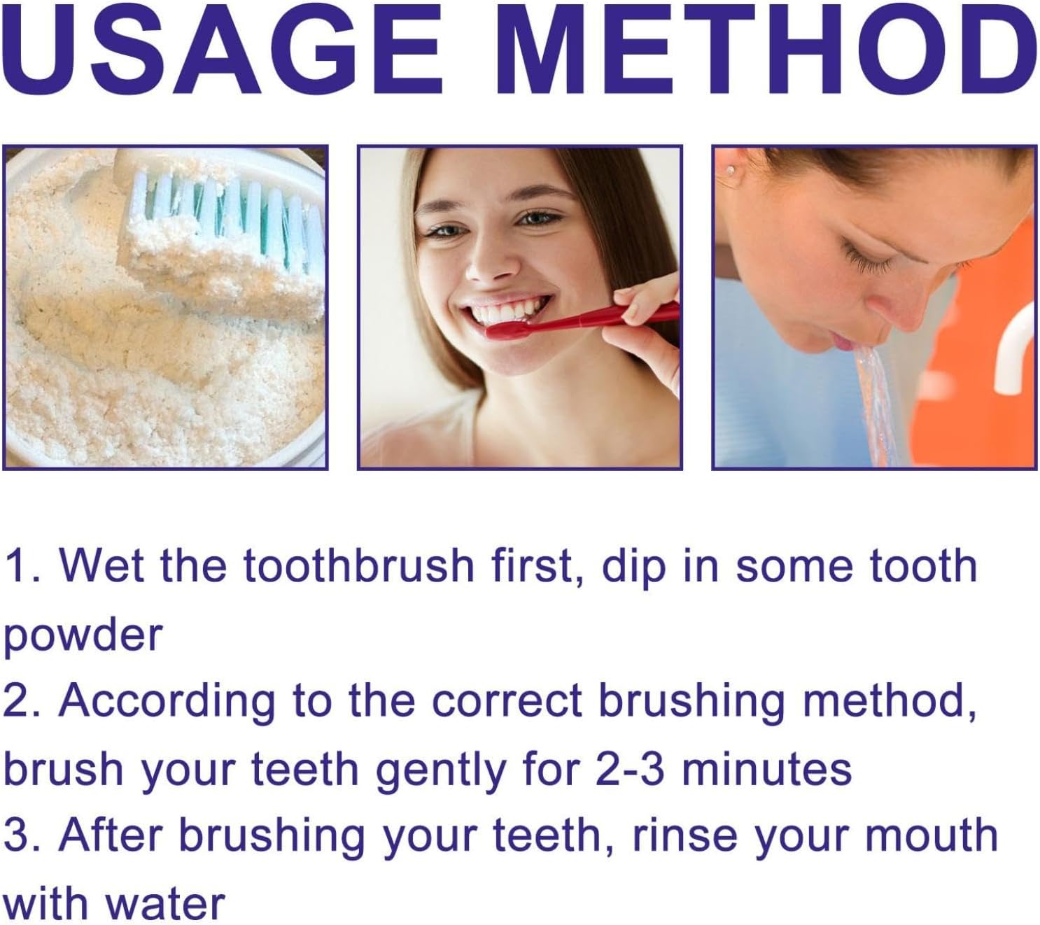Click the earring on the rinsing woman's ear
tap(731, 171)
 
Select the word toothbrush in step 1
tap(358, 565)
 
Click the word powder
tap(83, 637)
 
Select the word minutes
tap(767, 770)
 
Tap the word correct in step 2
tap(507, 703)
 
